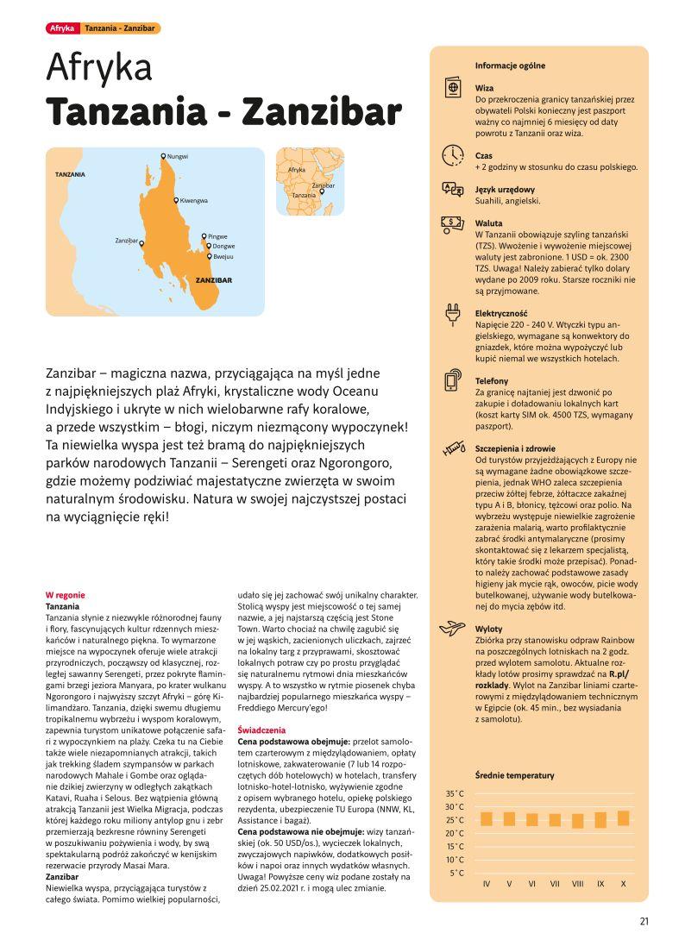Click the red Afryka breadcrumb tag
point(62,28)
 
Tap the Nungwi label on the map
point(177,156)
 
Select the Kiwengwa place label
point(193,200)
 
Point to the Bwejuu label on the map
point(223,256)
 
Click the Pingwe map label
point(217,235)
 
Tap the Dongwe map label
point(223,246)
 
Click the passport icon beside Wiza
point(452,89)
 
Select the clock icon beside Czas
point(452,156)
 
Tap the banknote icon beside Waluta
point(452,222)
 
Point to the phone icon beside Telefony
point(452,381)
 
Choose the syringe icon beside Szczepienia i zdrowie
point(452,448)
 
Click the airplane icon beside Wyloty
point(452,629)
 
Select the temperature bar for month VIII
point(577,820)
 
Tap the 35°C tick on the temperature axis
point(456,793)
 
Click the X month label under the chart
point(623,884)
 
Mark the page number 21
point(644,920)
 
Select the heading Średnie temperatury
point(514,775)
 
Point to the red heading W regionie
point(65,595)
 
